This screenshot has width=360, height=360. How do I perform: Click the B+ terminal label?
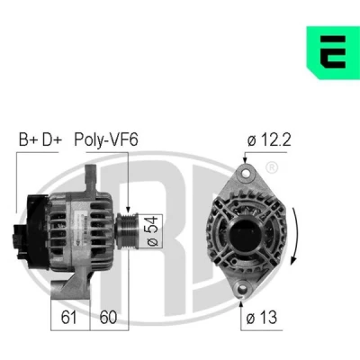pyautogui.click(x=28, y=139)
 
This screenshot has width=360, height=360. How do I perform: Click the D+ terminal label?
pyautogui.click(x=52, y=139)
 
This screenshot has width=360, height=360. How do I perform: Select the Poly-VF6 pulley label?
pyautogui.click(x=106, y=139)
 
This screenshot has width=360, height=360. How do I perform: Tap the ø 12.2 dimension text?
pyautogui.click(x=269, y=139)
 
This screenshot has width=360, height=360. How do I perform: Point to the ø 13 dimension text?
pyautogui.click(x=262, y=317)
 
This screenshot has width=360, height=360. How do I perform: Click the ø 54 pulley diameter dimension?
pyautogui.click(x=152, y=231)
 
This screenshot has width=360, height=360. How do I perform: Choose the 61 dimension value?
pyautogui.click(x=68, y=317)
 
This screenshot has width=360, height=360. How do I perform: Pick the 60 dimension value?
pyautogui.click(x=108, y=317)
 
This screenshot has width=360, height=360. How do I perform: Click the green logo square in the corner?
pyautogui.click(x=333, y=52)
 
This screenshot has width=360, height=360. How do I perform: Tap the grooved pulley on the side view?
pyautogui.click(x=127, y=231)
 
